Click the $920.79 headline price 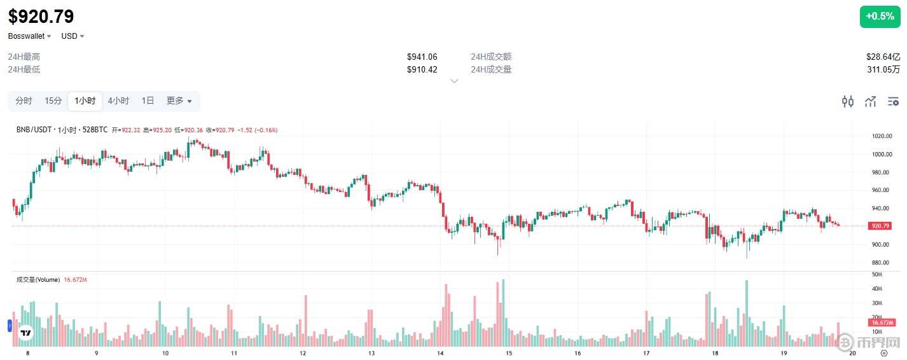coord(41,17)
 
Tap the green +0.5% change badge coord(880,17)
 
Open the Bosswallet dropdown coord(29,36)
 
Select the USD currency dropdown coord(73,36)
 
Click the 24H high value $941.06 coord(422,57)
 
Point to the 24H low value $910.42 coord(422,69)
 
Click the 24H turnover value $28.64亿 coord(883,57)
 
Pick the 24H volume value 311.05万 coord(883,69)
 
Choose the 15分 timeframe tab coord(53,101)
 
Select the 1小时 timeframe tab coord(85,101)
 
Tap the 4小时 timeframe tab coord(118,101)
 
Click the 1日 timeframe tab coord(148,101)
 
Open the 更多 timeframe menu coord(179,101)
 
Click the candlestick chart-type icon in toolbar coord(847,101)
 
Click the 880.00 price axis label coord(881,263)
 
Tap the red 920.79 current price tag coord(880,226)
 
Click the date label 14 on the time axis coord(440,353)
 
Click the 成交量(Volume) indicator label coord(38,280)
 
